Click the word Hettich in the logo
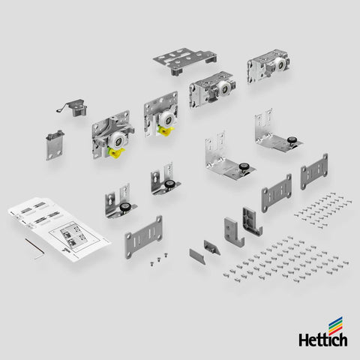coord(323,340)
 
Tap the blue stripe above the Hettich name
coord(335,322)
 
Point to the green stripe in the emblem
coord(335,325)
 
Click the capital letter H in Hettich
coord(304,340)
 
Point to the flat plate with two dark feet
coord(184,61)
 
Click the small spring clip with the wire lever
coord(72,108)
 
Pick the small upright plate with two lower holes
coord(55,145)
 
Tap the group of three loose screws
coord(159,259)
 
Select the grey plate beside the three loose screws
coord(143,237)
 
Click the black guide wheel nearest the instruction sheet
coord(124,208)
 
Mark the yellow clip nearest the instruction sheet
coord(115,152)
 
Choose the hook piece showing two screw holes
coord(233,231)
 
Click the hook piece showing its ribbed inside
coord(252,222)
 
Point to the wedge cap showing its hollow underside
coord(212,247)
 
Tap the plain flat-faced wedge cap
coord(198,256)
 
